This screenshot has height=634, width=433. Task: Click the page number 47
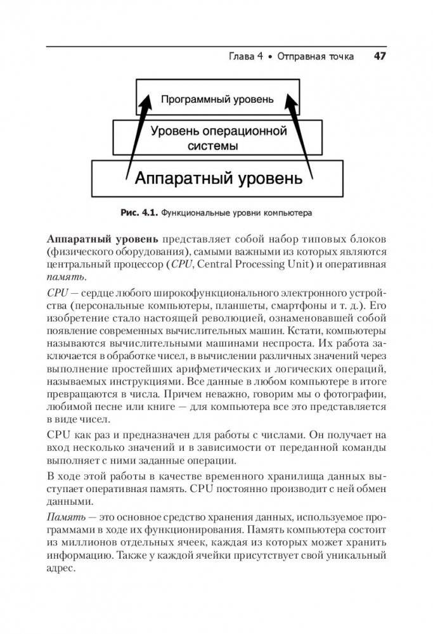point(380,56)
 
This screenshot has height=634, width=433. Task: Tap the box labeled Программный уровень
point(216,99)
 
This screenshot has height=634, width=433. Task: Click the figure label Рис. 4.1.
point(139,212)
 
